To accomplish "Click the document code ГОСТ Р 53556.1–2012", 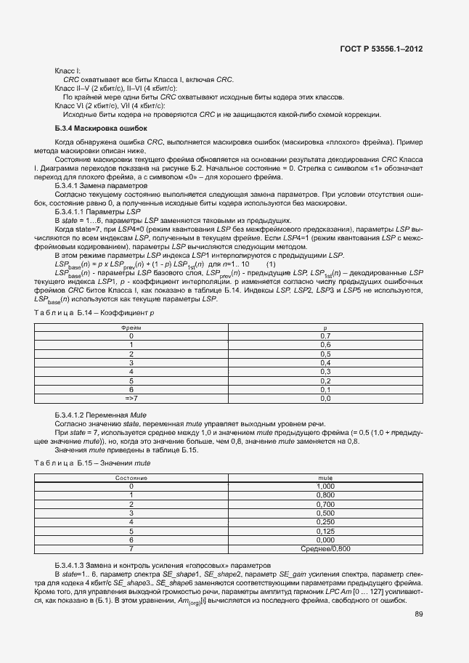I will tap(380, 49).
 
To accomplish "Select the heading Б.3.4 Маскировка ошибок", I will tap(96, 128).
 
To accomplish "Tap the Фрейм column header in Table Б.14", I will tap(131, 328).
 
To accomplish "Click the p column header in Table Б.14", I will tap(325, 328).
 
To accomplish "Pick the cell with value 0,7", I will tap(325, 336).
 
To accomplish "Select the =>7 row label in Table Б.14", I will tap(131, 398).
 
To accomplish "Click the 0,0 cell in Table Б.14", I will tap(325, 398).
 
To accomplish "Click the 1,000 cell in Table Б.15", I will tap(325, 487).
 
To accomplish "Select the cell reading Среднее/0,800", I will tap(325, 549).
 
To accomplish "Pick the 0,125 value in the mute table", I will tap(325, 531).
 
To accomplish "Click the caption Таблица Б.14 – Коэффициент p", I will tap(94, 312).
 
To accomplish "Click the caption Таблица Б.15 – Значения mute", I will tap(92, 463).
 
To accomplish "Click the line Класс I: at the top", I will tap(68, 70).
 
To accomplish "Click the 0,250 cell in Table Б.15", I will tap(325, 522).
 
